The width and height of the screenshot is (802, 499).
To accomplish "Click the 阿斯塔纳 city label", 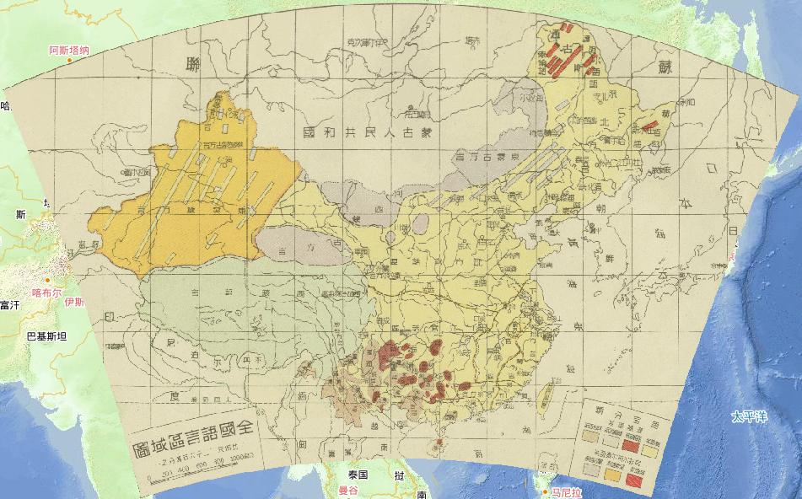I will [x=69, y=51].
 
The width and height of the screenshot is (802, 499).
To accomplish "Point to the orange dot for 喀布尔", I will [x=48, y=281].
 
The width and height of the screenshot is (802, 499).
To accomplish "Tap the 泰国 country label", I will [x=358, y=475].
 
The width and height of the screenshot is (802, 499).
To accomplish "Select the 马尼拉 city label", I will [x=566, y=491].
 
